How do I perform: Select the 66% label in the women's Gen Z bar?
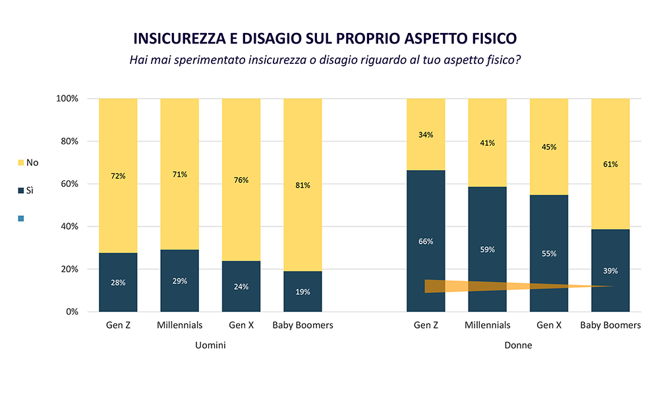coord(426,242)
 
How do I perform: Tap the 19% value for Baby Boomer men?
coord(302,292)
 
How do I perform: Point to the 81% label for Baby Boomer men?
coord(302,185)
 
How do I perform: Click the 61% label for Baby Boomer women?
coord(610,164)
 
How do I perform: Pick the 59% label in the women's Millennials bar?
coord(488,250)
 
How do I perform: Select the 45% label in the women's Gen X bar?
coord(549,147)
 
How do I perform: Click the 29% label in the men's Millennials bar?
coord(179,281)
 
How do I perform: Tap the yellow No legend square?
coord(21,162)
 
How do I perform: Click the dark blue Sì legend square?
coord(21,190)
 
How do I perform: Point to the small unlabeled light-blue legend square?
coord(21,218)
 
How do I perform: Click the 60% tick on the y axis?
coord(68,184)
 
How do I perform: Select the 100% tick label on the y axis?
coord(66,99)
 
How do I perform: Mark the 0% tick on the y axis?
coord(70,311)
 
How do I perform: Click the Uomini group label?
coord(210,346)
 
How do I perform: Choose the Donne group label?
coord(518,346)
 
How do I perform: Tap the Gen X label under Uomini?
coord(241,325)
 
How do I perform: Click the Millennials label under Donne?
coord(488,325)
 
